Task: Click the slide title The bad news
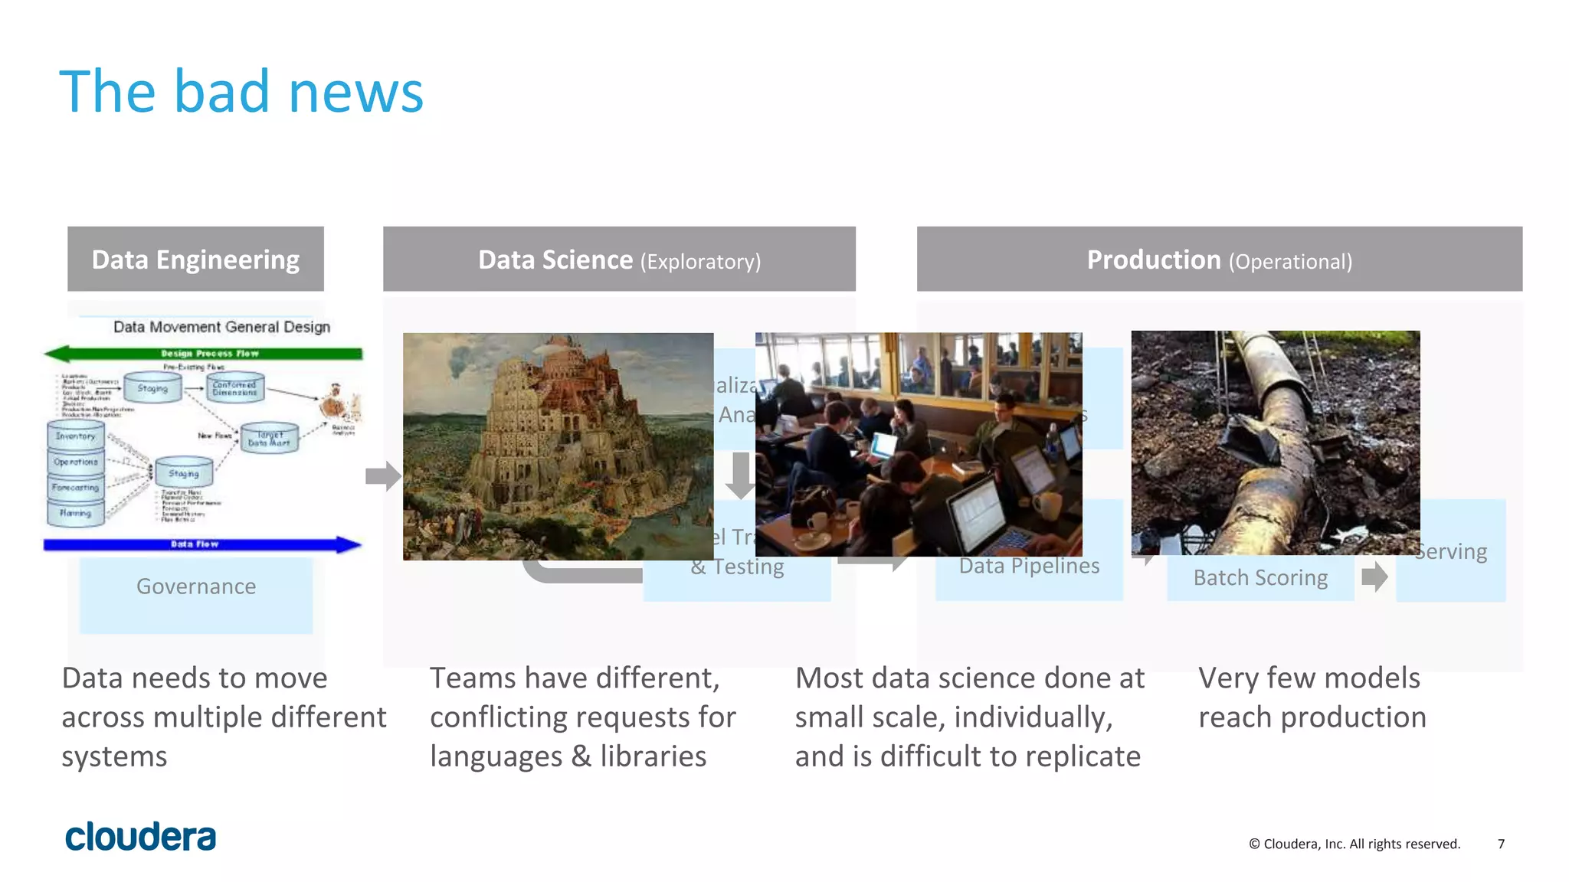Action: [241, 92]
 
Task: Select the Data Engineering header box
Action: [195, 260]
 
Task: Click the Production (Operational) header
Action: [1219, 260]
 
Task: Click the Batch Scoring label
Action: [1260, 578]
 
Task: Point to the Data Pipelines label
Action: [1029, 567]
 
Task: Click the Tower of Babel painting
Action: [558, 446]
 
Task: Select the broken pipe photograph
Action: [1275, 442]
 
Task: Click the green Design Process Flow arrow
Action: [203, 354]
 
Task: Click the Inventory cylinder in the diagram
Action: [76, 436]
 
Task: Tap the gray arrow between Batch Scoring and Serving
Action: [1374, 577]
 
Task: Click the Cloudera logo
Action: [140, 837]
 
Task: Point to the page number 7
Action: [1501, 844]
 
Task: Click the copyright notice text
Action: [1354, 844]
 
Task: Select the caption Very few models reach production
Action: [1312, 697]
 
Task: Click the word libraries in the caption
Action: [653, 756]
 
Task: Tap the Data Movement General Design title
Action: [221, 327]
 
